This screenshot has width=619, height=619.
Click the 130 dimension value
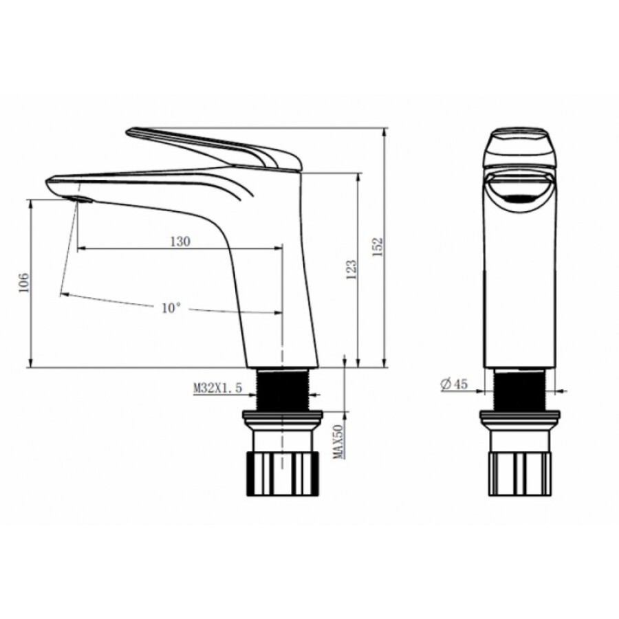tap(180, 241)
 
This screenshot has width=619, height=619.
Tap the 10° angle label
tap(171, 307)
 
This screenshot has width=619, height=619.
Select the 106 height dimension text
tap(24, 282)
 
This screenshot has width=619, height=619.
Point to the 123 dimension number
tap(351, 269)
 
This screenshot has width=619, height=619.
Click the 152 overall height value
tap(378, 247)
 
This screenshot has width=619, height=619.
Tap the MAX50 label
tap(338, 442)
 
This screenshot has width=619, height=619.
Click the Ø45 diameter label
tap(455, 383)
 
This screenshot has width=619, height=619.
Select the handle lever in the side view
tap(213, 149)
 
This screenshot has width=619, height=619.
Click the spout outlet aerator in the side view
tap(80, 199)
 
